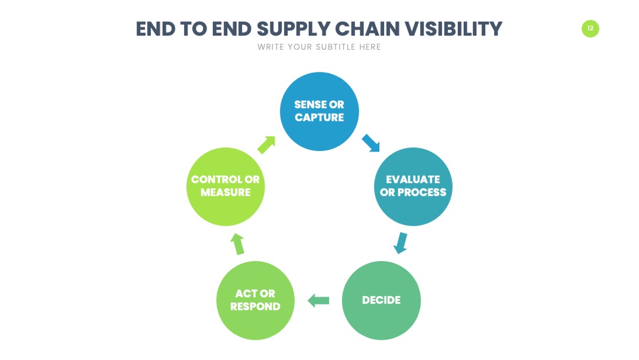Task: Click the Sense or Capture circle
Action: pos(319,111)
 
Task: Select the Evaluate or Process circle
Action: pos(413,187)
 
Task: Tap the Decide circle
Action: pos(382,300)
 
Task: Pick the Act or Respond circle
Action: pos(256,300)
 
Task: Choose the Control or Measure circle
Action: pos(225,187)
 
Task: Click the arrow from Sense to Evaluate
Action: pos(371,143)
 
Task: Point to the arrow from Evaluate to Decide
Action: pos(401,243)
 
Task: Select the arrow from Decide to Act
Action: pos(318,301)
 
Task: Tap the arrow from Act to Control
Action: pos(237,244)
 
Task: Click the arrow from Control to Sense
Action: pos(266,144)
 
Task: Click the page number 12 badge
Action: pos(590,28)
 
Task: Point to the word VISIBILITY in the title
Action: pos(454,29)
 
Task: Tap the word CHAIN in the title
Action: pos(367,29)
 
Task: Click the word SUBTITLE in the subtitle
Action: pos(336,47)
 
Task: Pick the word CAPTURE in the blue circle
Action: pos(319,117)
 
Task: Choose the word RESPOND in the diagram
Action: pos(256,307)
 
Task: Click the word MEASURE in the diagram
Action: pos(225,192)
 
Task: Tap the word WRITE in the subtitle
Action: pos(270,47)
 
